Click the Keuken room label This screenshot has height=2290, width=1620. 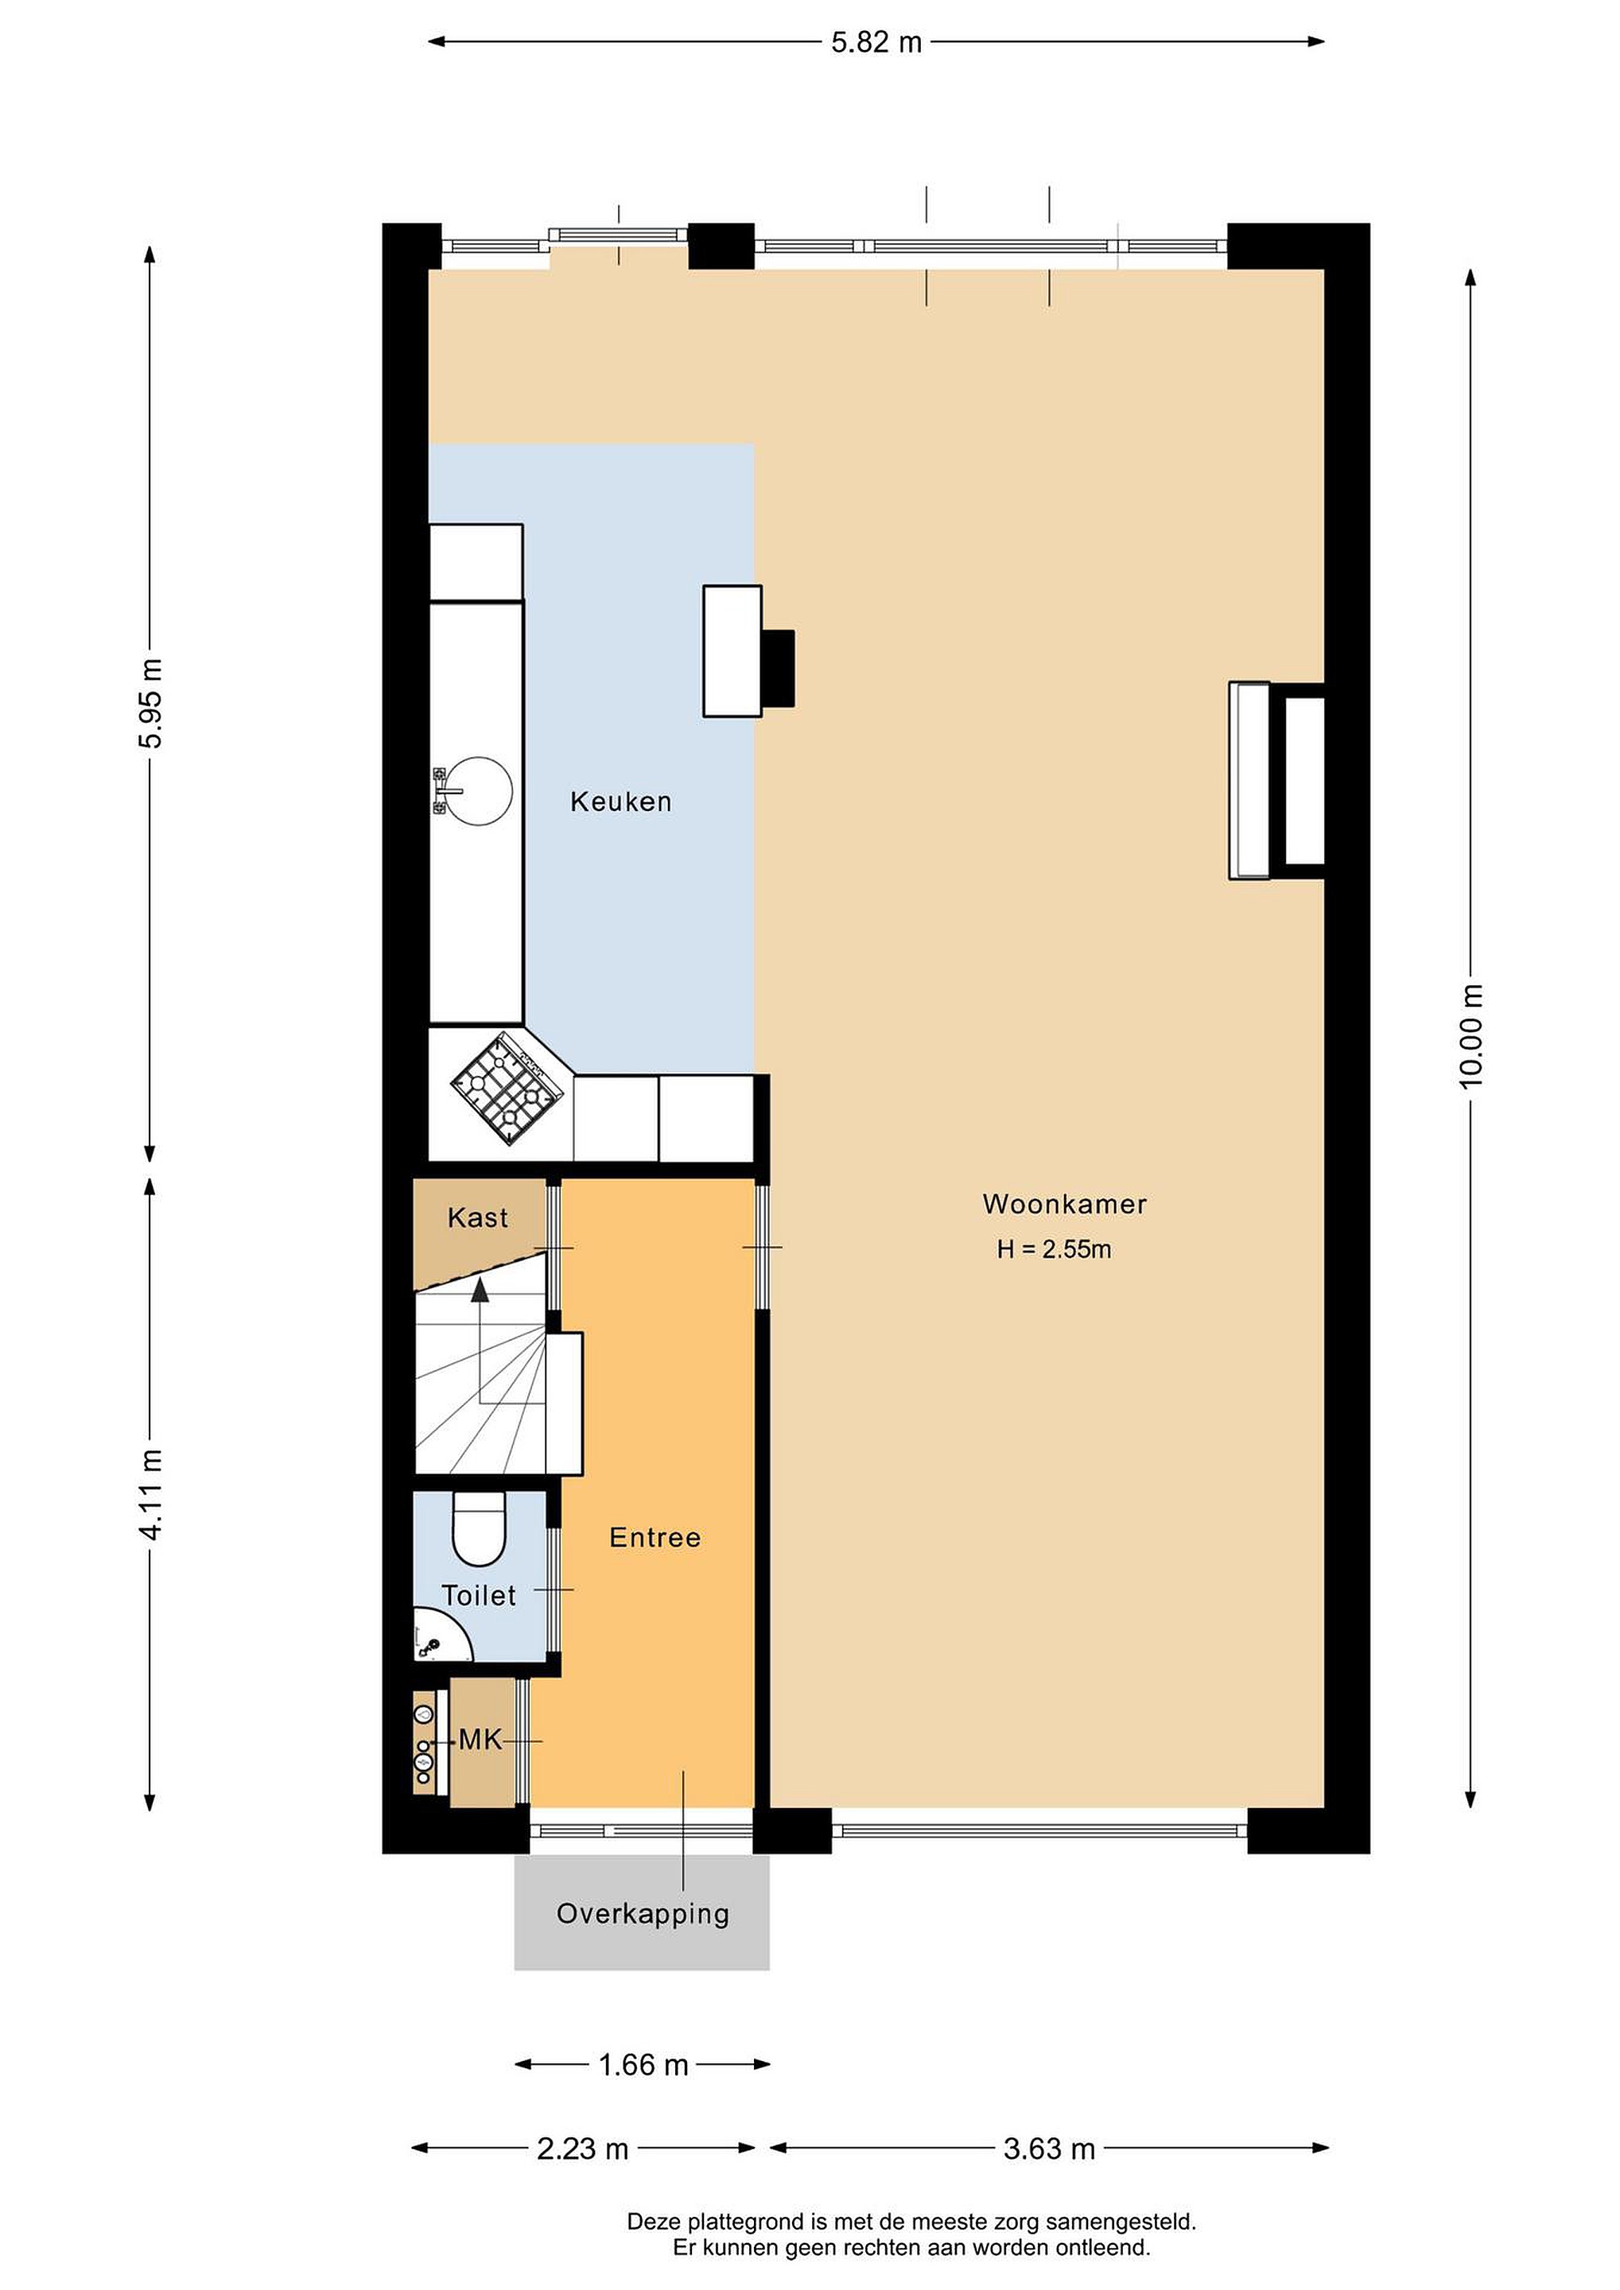click(x=620, y=802)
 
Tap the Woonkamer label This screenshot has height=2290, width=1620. click(x=1064, y=1204)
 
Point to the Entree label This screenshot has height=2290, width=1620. click(x=655, y=1538)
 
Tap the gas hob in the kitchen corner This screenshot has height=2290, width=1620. click(x=507, y=1089)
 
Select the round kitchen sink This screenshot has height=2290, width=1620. click(x=480, y=791)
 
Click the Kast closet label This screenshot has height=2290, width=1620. click(x=478, y=1218)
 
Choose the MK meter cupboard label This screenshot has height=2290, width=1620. click(x=480, y=1741)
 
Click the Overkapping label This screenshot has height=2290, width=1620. click(x=643, y=1914)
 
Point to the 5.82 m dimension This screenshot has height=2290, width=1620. click(x=876, y=42)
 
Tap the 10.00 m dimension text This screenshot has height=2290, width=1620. click(x=1470, y=1036)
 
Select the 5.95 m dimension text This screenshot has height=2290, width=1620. click(x=150, y=703)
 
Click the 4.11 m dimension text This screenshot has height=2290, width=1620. click(x=150, y=1495)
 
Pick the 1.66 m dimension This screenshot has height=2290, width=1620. click(x=643, y=2065)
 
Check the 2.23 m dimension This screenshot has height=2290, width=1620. click(x=583, y=2148)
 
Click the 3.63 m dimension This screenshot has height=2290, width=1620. click(x=1050, y=2148)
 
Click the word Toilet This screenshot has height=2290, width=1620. click(x=479, y=1596)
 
